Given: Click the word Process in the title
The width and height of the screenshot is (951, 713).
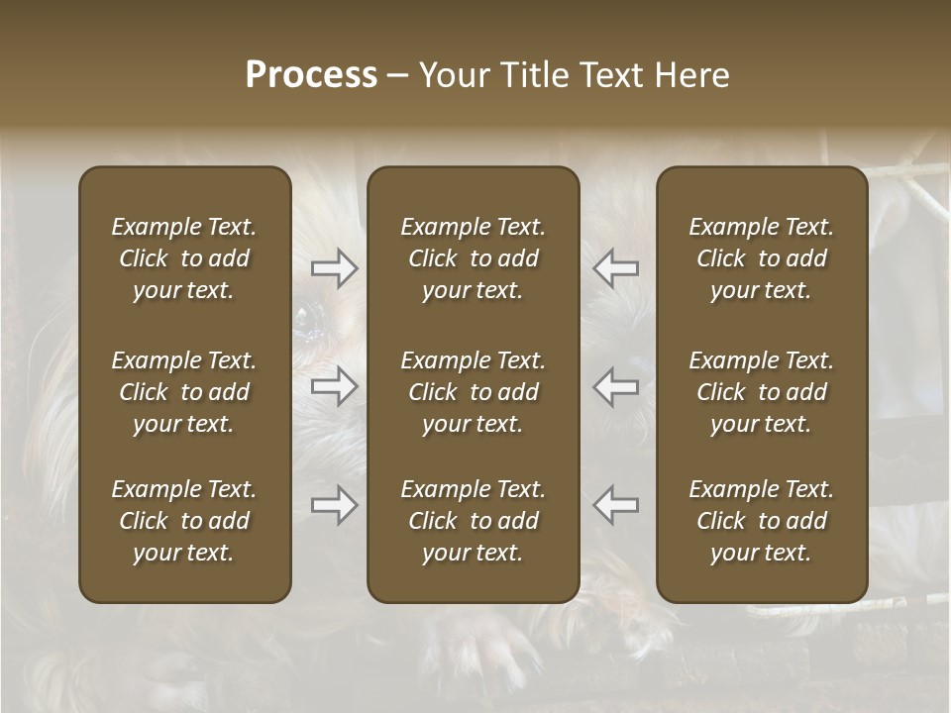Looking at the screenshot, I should (311, 75).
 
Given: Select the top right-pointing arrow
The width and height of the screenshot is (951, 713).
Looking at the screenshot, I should (334, 268).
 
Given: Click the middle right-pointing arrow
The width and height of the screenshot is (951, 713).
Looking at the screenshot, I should (334, 386).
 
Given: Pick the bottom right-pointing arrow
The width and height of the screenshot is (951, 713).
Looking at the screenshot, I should (334, 505).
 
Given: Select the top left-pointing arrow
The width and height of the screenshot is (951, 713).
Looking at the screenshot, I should (615, 268).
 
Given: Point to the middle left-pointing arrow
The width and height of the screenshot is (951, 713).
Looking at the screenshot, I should (615, 386).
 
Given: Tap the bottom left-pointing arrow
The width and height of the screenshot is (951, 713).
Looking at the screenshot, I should (615, 505).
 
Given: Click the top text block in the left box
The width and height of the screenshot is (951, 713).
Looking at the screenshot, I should (184, 258).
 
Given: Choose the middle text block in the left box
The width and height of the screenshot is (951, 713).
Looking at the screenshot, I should (184, 392).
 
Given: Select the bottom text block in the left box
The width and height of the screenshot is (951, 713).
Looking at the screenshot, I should (184, 521).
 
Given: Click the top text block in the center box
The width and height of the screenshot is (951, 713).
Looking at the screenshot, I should (473, 258).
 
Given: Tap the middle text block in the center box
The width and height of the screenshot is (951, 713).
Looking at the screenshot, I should (473, 392).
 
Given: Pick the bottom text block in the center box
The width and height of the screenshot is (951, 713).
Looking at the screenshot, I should (473, 521).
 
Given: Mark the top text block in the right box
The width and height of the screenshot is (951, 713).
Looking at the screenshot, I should (761, 258).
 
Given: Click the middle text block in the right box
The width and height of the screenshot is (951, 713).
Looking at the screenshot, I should (761, 392).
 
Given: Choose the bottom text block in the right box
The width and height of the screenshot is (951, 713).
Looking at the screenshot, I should (761, 521).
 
